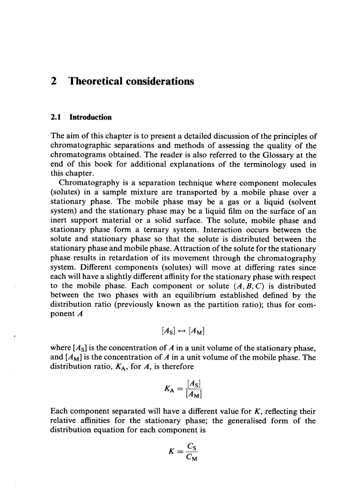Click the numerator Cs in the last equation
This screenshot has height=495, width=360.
[192, 446]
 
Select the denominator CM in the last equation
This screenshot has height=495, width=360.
[192, 457]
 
